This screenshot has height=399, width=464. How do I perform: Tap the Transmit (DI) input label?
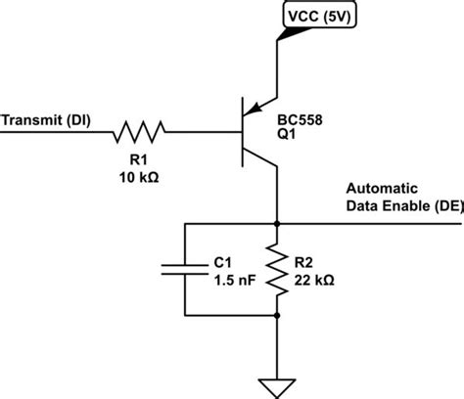(x=46, y=121)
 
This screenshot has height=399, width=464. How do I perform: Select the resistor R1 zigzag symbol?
(x=139, y=127)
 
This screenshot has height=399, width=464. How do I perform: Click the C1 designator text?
(x=222, y=262)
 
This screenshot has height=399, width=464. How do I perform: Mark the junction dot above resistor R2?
(x=278, y=224)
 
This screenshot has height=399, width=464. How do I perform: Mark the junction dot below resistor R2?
(x=278, y=315)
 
